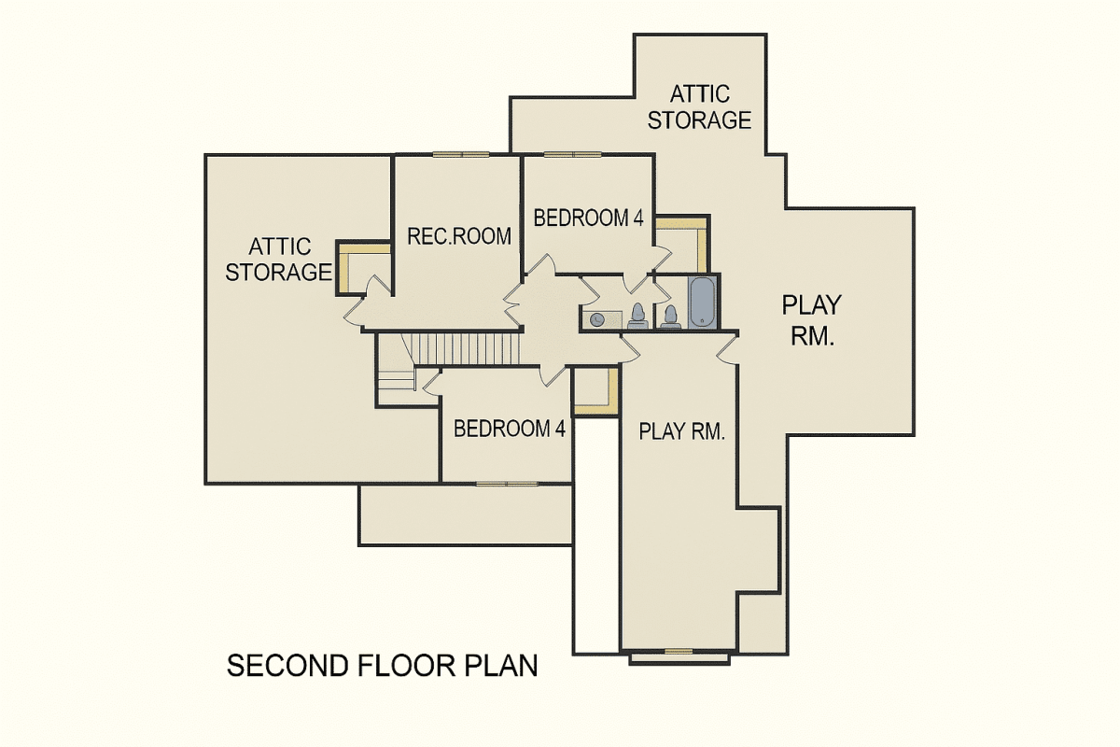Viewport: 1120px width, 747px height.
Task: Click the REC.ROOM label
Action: [x=459, y=236]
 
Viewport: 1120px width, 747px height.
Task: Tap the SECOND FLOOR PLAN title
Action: [x=383, y=667]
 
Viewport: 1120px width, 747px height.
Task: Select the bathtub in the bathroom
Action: [x=702, y=301]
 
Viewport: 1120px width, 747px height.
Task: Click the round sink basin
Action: [x=596, y=319]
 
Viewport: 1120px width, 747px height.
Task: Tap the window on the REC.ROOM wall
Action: [x=460, y=154]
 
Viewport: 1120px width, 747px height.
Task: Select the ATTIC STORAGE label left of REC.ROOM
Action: [x=279, y=260]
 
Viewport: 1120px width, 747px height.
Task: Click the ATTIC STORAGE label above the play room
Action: [x=699, y=107]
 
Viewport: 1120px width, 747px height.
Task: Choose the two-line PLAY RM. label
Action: [x=811, y=320]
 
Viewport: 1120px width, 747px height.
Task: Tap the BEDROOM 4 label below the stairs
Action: [x=510, y=429]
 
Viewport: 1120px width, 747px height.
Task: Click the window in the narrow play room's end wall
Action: [x=679, y=651]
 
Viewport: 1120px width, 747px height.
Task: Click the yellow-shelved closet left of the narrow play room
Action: [x=595, y=389]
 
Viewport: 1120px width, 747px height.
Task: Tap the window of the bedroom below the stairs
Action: [x=506, y=484]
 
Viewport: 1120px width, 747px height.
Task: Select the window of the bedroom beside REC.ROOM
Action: [x=571, y=154]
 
